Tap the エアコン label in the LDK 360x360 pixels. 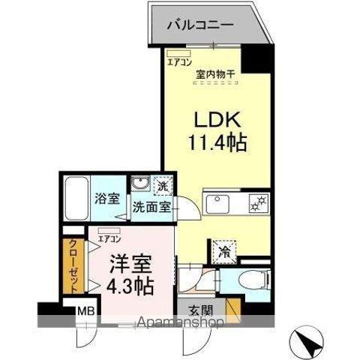pyautogui.click(x=178, y=62)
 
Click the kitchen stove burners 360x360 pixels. pyautogui.click(x=259, y=202)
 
